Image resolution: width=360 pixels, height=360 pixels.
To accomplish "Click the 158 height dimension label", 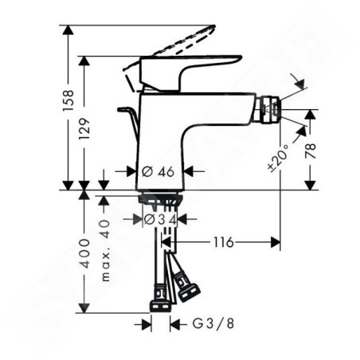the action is pos(68,100).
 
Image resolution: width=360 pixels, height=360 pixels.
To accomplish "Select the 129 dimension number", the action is pos(84,129).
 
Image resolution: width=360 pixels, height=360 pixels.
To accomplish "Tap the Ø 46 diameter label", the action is pos(158,171).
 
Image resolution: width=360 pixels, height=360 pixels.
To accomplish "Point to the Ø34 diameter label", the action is pos(160,220).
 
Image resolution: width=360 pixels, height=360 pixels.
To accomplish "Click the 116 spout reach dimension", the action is pos(223,242).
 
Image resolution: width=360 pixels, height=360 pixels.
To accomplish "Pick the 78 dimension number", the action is pos(310,151).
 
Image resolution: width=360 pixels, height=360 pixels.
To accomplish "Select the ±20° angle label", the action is pos(278,158).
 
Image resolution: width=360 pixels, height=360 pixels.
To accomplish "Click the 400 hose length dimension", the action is pos(84,253).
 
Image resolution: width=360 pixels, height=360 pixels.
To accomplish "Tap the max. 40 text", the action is pos(105,250).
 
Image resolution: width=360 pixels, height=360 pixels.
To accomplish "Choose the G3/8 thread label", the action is pos(213,323).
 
